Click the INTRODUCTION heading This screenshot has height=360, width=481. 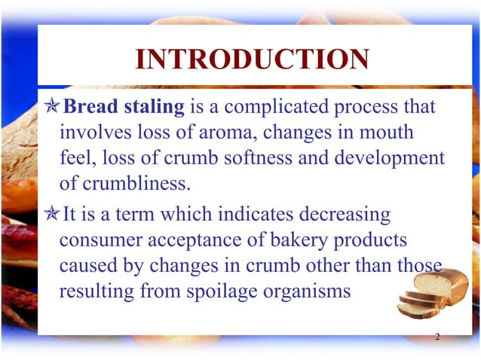[252, 59]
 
